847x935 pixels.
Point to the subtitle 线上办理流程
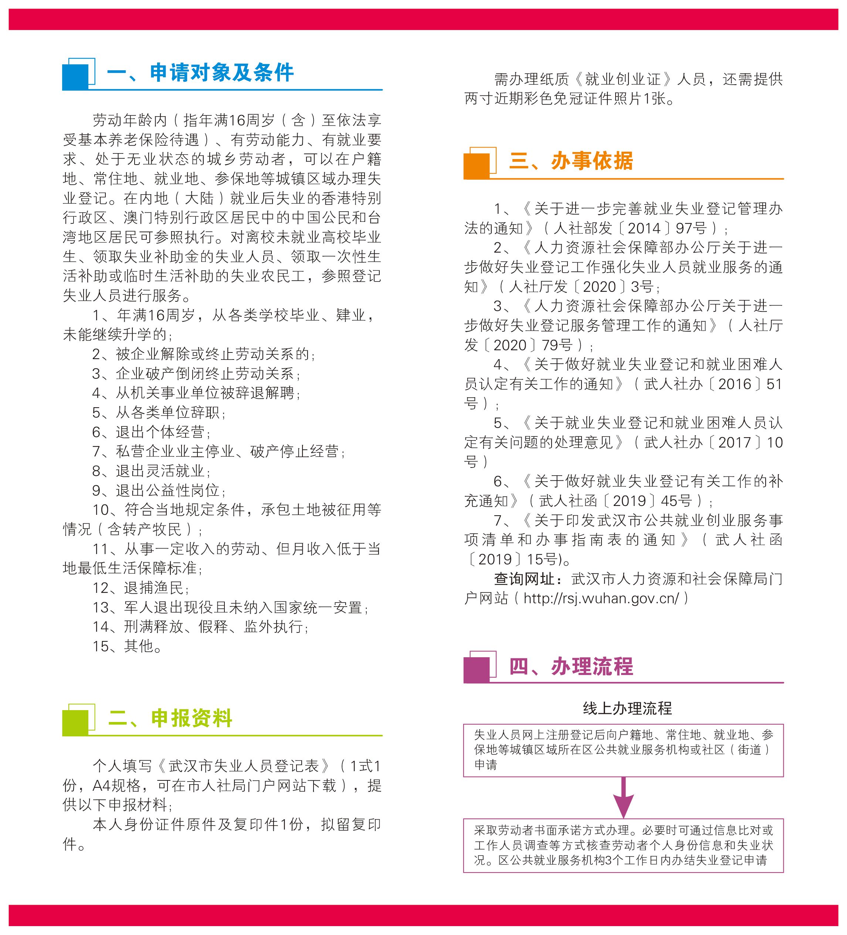point(627,708)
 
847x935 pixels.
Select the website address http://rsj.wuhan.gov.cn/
point(601,599)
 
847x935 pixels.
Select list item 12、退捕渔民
point(140,588)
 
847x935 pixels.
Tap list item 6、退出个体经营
point(151,432)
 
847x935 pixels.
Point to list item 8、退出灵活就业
point(151,471)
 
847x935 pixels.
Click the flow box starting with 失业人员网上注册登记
point(623,750)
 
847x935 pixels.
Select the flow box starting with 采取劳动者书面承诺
point(623,845)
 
